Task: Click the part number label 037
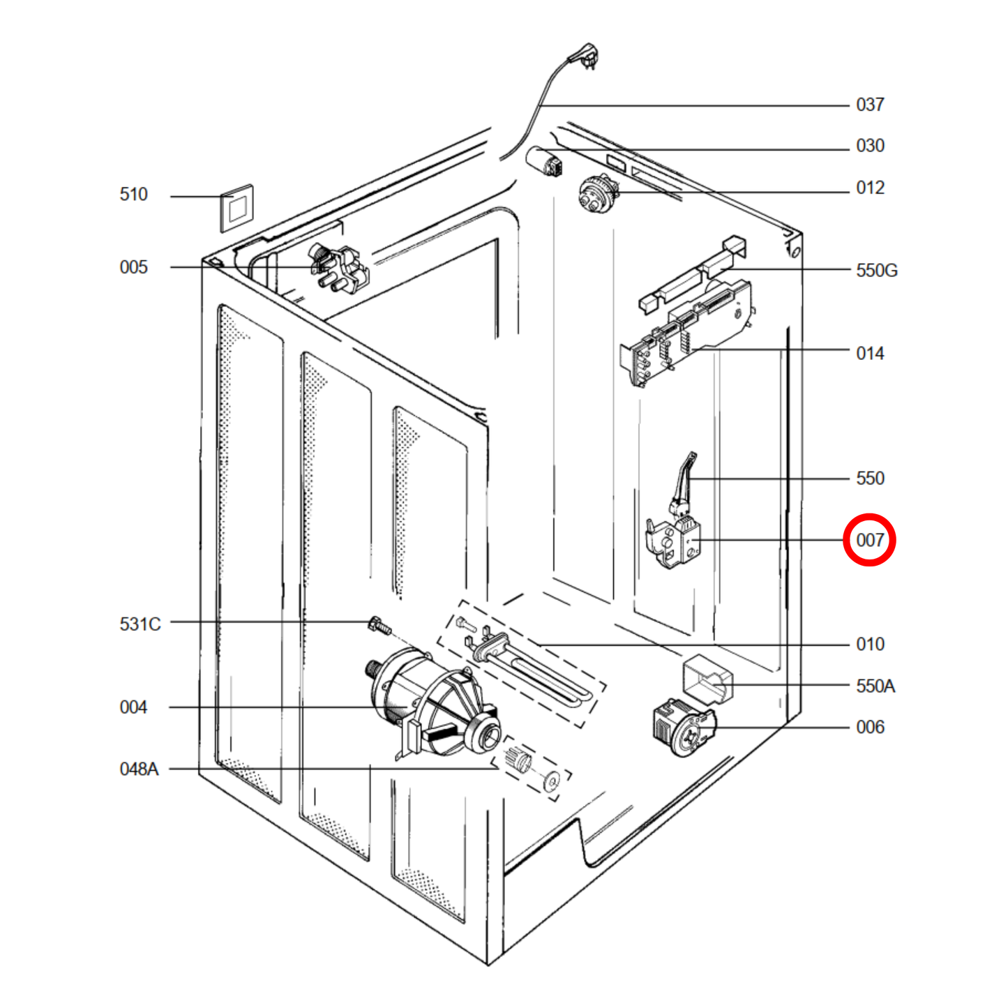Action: tap(870, 105)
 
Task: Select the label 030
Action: tap(870, 146)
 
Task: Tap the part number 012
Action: tap(870, 188)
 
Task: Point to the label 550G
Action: tap(876, 270)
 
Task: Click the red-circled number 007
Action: tap(869, 540)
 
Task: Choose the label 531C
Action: tap(140, 624)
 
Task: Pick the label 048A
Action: tap(139, 769)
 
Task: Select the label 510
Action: tap(133, 194)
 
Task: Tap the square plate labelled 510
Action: tap(237, 208)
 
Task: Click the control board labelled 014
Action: tap(687, 328)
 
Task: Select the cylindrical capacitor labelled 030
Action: tap(544, 160)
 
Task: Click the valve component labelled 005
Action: tap(338, 269)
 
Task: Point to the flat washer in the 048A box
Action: tap(552, 781)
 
